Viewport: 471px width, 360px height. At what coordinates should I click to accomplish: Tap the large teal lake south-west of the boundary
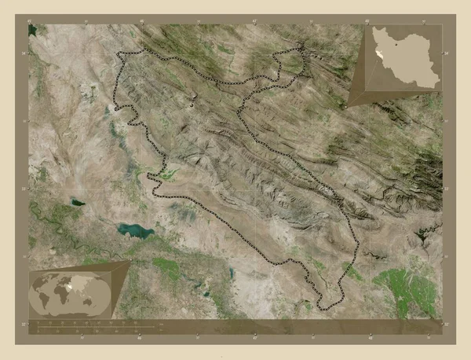[134, 230]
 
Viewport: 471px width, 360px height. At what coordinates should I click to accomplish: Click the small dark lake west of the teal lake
[78, 202]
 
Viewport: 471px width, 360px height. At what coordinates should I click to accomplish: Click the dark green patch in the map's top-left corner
[33, 31]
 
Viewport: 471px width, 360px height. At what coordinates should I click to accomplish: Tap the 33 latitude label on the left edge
[27, 189]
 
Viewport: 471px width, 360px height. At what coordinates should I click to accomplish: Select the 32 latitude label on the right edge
[445, 255]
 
